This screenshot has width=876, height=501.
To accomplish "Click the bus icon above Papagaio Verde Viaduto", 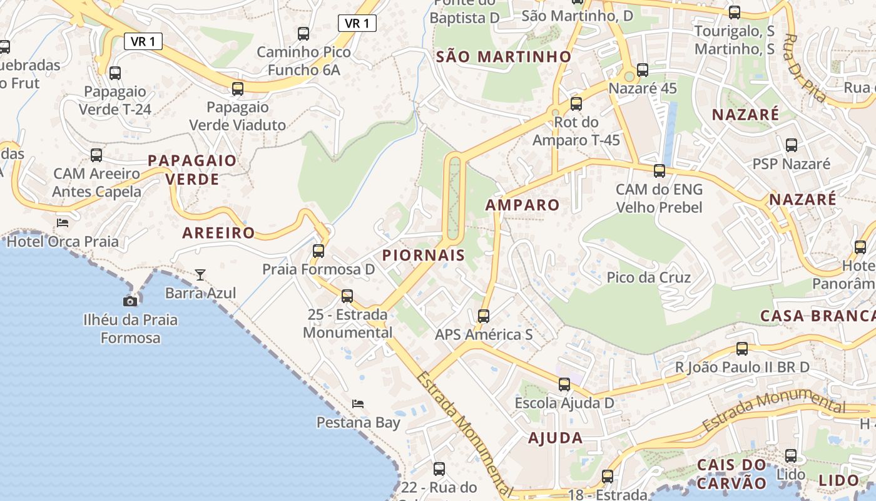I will pyautogui.click(x=238, y=88).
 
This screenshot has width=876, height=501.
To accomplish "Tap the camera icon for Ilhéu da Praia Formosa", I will pyautogui.click(x=130, y=301).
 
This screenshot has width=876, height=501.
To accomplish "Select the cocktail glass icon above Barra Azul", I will pyautogui.click(x=200, y=274).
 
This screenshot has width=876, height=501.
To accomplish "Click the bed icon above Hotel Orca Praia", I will pyautogui.click(x=63, y=222).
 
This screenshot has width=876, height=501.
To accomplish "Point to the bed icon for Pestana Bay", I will pyautogui.click(x=358, y=403).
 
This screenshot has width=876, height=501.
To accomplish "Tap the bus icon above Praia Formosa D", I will pyautogui.click(x=318, y=251).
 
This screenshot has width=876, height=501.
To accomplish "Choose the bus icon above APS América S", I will pyautogui.click(x=484, y=316).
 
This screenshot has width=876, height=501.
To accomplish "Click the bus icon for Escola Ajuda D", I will pyautogui.click(x=564, y=385).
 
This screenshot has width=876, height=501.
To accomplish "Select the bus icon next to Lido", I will pyautogui.click(x=791, y=455).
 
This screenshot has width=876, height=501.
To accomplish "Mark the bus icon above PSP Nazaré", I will pyautogui.click(x=792, y=145).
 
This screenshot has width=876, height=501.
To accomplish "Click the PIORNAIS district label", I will pyautogui.click(x=424, y=255).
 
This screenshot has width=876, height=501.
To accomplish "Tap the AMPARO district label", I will pyautogui.click(x=522, y=205).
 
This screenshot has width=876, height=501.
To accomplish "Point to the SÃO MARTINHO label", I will pyautogui.click(x=504, y=57).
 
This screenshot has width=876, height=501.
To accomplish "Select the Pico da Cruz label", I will pyautogui.click(x=649, y=277).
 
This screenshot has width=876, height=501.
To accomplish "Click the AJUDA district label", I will pyautogui.click(x=555, y=438).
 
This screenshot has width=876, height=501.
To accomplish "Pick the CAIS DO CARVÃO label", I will pyautogui.click(x=731, y=474).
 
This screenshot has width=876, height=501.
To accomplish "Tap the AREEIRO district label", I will pyautogui.click(x=218, y=233).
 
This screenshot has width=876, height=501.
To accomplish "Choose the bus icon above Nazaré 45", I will pyautogui.click(x=643, y=70).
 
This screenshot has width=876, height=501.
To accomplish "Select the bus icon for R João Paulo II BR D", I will pyautogui.click(x=742, y=348).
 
